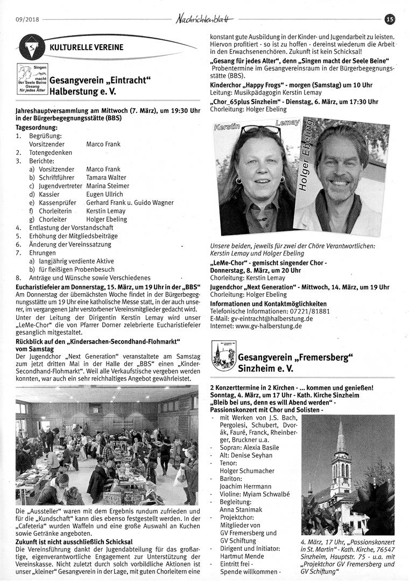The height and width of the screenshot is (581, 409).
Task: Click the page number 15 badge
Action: [390, 19]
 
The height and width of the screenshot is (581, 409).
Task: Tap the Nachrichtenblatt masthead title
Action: [204, 19]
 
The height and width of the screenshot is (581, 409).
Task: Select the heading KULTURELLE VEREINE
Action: [86, 47]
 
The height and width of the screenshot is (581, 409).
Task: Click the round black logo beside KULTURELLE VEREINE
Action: [31, 47]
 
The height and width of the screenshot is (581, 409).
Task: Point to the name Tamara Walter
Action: [106, 178]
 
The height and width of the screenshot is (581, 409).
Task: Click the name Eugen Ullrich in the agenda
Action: [104, 194]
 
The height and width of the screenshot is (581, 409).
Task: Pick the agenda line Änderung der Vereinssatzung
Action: [74, 244]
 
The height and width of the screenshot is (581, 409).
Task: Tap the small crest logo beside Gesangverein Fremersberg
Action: [221, 358]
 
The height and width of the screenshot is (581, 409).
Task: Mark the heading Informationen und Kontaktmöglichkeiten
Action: [268, 304]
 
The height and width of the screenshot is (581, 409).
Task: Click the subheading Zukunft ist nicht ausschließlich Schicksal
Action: [74, 541]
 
